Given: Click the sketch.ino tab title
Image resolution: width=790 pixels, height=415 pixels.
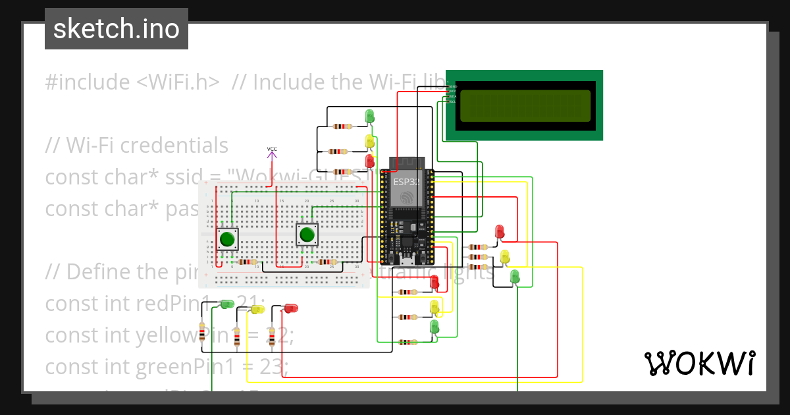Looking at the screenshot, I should [x=117, y=29].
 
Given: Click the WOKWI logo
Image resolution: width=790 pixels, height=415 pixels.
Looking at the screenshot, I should [x=698, y=363].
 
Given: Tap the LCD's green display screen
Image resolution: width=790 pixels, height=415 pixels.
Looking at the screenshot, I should [x=525, y=106].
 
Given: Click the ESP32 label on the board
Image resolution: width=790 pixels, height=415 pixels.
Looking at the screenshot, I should [x=406, y=181].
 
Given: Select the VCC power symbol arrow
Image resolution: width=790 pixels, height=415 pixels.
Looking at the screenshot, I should [x=272, y=155].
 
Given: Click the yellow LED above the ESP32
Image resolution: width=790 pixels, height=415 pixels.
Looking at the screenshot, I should [x=370, y=140].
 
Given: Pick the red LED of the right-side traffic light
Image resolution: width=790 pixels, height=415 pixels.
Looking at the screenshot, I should [x=500, y=231].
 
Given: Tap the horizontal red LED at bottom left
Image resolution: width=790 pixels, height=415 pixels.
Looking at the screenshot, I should [x=290, y=308].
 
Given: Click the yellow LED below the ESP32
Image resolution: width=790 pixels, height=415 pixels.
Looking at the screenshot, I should [x=434, y=306].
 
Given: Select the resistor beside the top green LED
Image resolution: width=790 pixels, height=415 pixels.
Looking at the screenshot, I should [x=342, y=126].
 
